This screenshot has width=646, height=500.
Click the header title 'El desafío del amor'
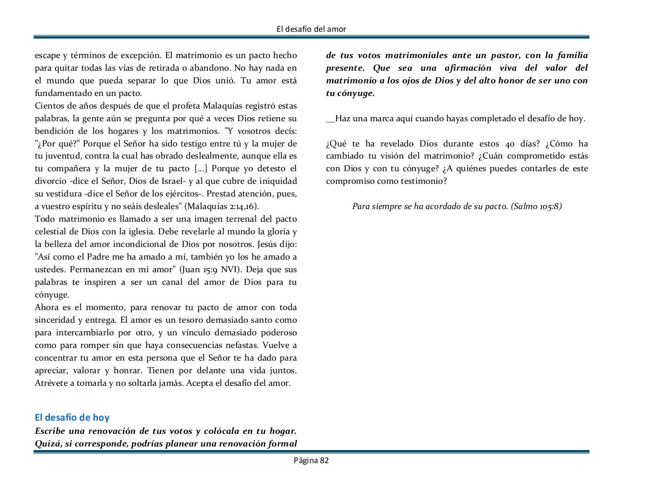coord(311,29)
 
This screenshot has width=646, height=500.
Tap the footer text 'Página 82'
coord(311,460)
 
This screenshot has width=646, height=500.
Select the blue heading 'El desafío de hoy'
coord(72,418)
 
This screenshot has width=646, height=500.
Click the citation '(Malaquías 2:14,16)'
coord(222,207)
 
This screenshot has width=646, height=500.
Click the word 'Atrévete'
coord(51,383)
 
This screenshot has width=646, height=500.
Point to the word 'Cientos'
coord(49,106)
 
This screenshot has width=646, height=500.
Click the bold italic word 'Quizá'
coord(48,444)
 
